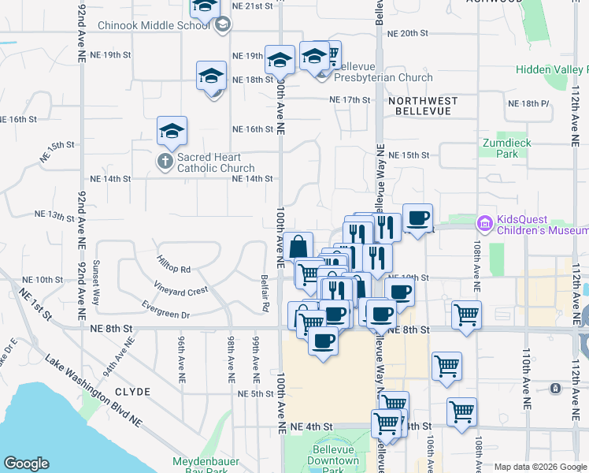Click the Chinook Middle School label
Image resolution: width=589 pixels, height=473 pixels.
(154, 25)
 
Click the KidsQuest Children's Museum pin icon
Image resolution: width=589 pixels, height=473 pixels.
(484, 224)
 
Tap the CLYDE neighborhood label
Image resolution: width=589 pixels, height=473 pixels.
(132, 391)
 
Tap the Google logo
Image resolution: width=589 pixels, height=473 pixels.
(26, 464)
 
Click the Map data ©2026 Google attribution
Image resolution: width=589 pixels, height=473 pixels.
(539, 466)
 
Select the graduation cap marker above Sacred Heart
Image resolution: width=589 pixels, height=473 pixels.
(172, 131)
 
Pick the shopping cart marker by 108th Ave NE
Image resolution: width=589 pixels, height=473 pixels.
(466, 315)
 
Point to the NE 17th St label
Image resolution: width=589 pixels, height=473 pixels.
(350, 100)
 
